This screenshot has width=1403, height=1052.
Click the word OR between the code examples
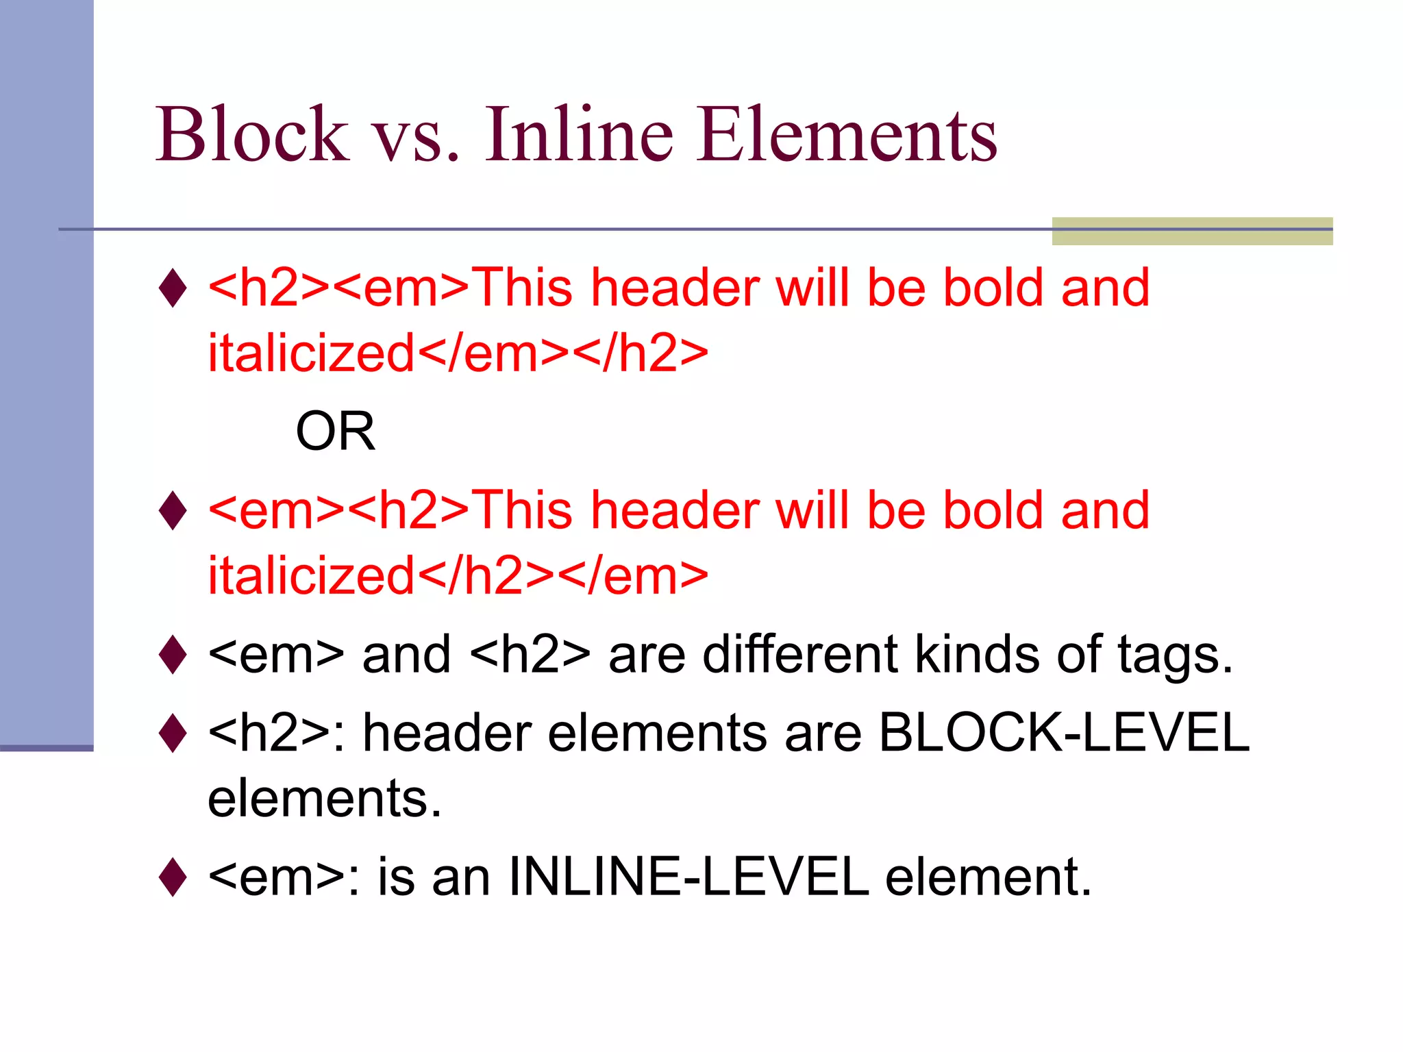pos(335,431)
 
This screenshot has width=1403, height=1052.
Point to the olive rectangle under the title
pos(1192,231)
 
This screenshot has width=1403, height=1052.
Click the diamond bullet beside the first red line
pos(173,288)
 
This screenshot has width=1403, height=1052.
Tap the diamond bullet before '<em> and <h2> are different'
pos(173,654)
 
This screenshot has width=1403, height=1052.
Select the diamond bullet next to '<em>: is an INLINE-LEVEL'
pos(173,877)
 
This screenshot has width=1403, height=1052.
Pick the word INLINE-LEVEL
pos(688,877)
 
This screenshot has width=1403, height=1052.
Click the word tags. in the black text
pos(1175,655)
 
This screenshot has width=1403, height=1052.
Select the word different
pos(800,654)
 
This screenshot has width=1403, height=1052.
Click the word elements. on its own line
pos(325,799)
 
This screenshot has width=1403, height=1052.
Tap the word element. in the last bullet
pos(988,877)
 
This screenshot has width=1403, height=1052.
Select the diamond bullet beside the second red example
pos(173,510)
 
